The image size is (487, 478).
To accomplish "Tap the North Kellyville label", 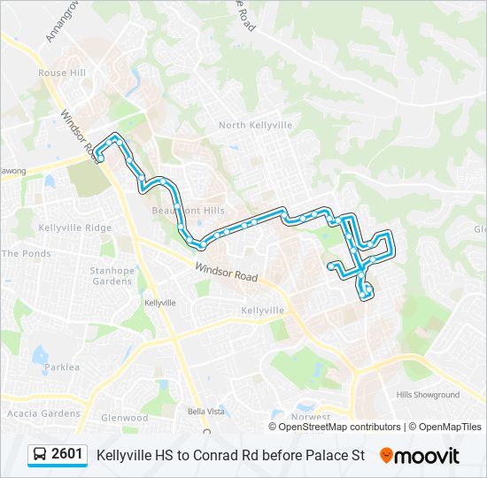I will [x=255, y=126].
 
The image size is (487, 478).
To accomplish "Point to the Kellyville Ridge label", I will [x=74, y=227].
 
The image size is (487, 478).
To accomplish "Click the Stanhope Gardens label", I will [x=112, y=276].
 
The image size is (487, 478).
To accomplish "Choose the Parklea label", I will [x=62, y=367].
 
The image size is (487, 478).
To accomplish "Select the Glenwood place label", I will [x=124, y=418].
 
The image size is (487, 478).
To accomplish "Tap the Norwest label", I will [x=310, y=417].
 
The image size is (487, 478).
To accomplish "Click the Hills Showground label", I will [x=429, y=395].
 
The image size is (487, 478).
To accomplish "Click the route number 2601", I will [x=67, y=455].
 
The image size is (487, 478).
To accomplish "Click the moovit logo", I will [x=421, y=456].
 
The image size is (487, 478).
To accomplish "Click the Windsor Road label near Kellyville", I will [x=227, y=271].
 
